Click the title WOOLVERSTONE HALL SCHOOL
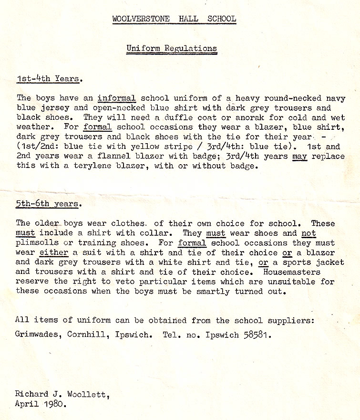[x=174, y=19]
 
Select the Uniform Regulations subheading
[x=172, y=48]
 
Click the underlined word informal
[x=117, y=99]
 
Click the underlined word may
[x=299, y=156]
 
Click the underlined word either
[x=54, y=252]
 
